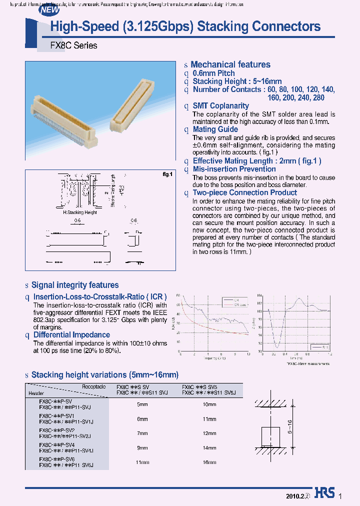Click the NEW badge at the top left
coord(49,9)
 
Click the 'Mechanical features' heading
coord(230,64)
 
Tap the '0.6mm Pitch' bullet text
coord(213,73)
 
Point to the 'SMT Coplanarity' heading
coord(220,105)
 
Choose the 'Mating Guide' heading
coord(215,129)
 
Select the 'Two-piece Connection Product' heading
coord(244,192)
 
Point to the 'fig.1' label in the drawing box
coord(167,174)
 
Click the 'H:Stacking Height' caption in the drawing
coord(80,212)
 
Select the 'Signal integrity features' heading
coord(75,285)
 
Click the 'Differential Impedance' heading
coord(71,334)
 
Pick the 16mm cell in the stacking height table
coord(209,462)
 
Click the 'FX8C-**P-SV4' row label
coord(56,444)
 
